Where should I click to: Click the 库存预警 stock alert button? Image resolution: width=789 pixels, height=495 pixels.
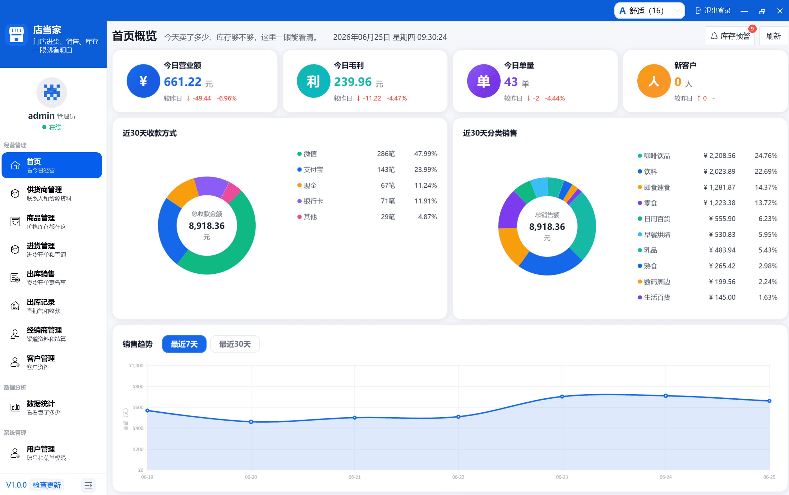(730, 36)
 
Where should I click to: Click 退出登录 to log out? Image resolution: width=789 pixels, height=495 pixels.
(713, 11)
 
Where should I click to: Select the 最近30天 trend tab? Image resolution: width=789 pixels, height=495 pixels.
(235, 344)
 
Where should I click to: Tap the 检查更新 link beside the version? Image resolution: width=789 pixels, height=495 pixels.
(47, 485)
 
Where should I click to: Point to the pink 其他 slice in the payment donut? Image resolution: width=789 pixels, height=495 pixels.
(231, 193)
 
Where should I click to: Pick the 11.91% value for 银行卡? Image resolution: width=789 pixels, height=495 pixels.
(426, 201)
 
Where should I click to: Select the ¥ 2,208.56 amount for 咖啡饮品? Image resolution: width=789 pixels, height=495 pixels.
(719, 156)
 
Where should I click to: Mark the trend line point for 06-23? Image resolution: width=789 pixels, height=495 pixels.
(562, 397)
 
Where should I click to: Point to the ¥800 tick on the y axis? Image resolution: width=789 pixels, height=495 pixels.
(138, 387)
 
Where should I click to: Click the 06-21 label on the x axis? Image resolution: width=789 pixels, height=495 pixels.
(354, 477)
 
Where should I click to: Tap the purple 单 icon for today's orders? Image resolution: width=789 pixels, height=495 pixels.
(483, 81)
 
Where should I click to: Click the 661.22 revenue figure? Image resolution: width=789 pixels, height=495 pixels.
(182, 82)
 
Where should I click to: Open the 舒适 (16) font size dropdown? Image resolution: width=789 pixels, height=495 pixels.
(649, 11)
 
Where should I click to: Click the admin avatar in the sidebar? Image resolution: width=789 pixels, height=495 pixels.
(52, 93)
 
